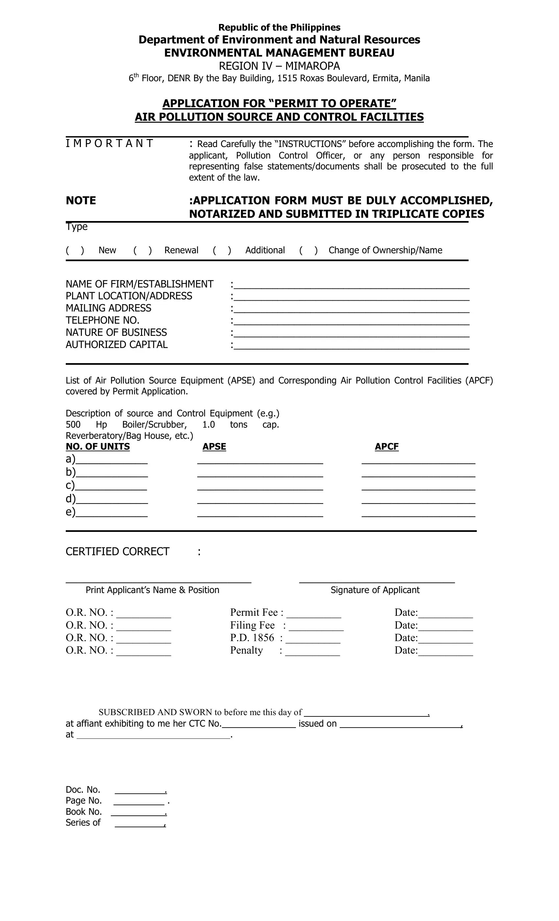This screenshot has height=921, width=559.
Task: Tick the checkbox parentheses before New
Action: (75, 250)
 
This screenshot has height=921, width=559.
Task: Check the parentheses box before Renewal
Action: (142, 250)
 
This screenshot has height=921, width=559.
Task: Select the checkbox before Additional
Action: (222, 250)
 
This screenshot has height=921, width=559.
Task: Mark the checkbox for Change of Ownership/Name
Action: (308, 250)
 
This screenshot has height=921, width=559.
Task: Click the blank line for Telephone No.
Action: (351, 321)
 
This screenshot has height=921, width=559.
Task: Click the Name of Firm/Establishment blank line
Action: (351, 285)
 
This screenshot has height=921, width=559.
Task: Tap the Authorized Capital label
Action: (117, 345)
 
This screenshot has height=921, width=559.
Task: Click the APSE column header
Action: (214, 447)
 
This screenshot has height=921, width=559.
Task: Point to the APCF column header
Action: (386, 447)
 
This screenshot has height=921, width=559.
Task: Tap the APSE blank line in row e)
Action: (260, 513)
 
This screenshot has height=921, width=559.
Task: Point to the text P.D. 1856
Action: (252, 638)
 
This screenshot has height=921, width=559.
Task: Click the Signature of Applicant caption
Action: (375, 590)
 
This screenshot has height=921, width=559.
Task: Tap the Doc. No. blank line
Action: (140, 790)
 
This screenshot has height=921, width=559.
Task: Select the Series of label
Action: (83, 823)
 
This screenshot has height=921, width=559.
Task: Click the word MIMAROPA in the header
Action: (312, 66)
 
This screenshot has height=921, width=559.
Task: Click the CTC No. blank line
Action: (258, 724)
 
